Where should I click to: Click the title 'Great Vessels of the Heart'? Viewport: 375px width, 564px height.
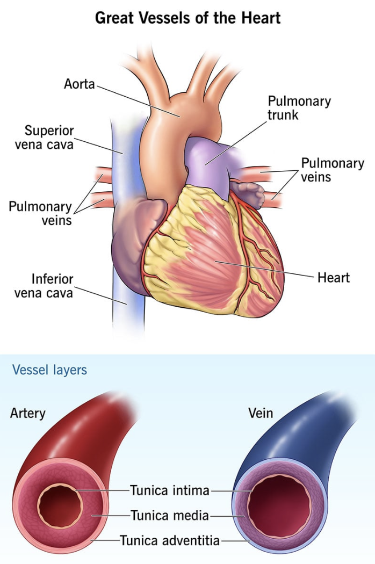(187, 18)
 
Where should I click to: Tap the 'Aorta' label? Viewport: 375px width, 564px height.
(80, 84)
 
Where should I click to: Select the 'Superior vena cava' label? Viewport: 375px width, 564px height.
(49, 138)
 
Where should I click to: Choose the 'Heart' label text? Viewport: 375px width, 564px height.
(333, 278)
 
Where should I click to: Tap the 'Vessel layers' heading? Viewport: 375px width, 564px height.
(49, 370)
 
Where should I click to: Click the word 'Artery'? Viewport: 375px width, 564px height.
(28, 413)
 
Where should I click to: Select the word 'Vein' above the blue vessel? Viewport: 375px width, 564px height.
(261, 413)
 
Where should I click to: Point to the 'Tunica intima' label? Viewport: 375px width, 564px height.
(169, 490)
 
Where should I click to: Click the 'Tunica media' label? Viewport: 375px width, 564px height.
(170, 516)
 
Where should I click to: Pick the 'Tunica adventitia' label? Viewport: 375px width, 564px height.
(170, 540)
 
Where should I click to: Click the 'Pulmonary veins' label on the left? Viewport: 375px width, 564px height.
(40, 213)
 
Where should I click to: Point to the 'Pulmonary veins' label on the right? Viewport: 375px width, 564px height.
(333, 170)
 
